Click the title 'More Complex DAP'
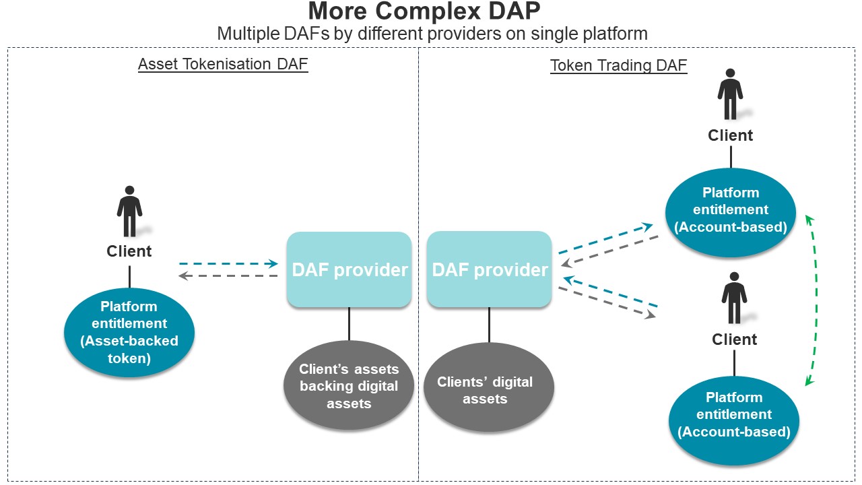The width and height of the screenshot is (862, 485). [424, 11]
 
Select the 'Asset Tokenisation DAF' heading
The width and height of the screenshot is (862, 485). [223, 64]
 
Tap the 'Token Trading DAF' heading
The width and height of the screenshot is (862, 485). [618, 65]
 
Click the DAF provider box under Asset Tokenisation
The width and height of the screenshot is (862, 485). [349, 269]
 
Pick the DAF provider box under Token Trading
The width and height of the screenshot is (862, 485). [489, 269]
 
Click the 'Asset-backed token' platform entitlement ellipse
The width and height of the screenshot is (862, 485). [129, 332]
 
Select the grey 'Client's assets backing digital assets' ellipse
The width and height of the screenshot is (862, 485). [349, 385]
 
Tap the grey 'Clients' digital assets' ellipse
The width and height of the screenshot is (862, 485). [489, 387]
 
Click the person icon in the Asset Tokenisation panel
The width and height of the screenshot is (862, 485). [130, 211]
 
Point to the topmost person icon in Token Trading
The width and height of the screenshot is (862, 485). [730, 94]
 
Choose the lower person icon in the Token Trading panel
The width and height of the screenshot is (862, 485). [734, 298]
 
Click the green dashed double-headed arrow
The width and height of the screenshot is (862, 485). [816, 300]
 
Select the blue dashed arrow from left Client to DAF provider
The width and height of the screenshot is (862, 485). [228, 263]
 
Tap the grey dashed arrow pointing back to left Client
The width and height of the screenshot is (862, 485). [228, 276]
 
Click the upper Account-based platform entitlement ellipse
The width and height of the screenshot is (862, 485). [731, 212]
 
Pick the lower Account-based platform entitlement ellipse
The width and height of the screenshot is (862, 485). [734, 421]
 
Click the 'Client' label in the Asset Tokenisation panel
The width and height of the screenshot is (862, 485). [129, 251]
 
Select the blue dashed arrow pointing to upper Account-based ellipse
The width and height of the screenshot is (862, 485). [605, 238]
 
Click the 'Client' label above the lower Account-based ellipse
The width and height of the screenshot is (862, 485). [734, 339]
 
